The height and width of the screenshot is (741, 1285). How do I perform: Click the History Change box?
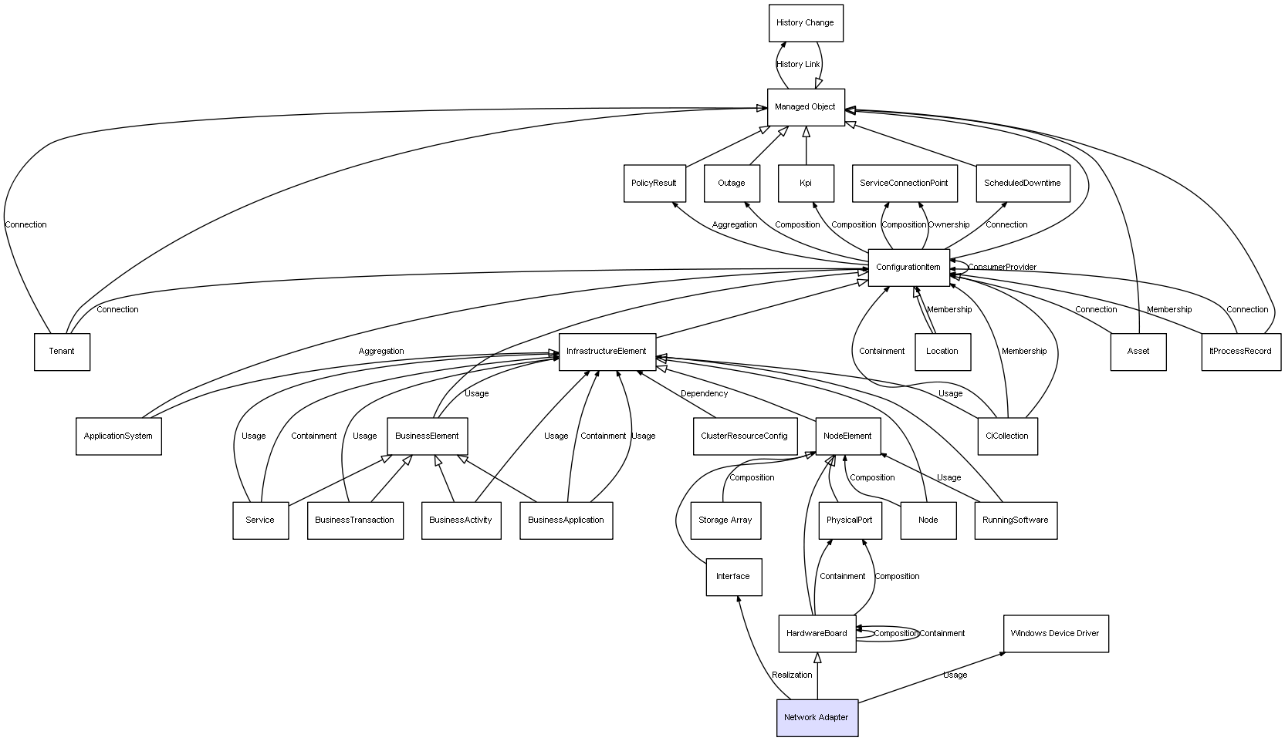coord(806,23)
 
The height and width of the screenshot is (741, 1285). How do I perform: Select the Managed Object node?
coord(806,107)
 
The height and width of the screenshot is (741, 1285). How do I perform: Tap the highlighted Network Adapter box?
coord(817,718)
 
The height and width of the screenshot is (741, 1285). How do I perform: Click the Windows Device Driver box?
coord(1056,634)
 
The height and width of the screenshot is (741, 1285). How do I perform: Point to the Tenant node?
coord(62,352)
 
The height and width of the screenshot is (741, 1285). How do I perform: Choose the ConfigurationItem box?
coord(908,268)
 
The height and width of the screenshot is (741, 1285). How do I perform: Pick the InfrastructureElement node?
coord(607,352)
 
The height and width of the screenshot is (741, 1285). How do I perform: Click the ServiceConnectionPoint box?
coord(905,184)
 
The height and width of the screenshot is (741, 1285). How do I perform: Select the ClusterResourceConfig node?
coord(746,436)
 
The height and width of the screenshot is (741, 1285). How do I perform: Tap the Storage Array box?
coord(725,521)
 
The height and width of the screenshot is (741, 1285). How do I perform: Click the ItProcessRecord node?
coord(1242,352)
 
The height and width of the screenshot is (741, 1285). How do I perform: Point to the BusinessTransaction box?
coord(355,521)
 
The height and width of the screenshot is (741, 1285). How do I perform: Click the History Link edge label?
coord(798,65)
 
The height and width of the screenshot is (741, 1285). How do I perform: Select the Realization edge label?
coord(792,675)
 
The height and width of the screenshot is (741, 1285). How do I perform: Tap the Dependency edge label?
coord(704,394)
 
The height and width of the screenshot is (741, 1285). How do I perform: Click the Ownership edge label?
coord(949,224)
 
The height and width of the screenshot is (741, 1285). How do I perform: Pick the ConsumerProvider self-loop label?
coord(1003,267)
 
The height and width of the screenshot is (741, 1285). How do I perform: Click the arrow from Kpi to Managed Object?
coord(806,146)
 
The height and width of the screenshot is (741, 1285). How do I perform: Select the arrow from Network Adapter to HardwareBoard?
coord(817,676)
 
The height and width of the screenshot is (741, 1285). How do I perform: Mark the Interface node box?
coord(734,577)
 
